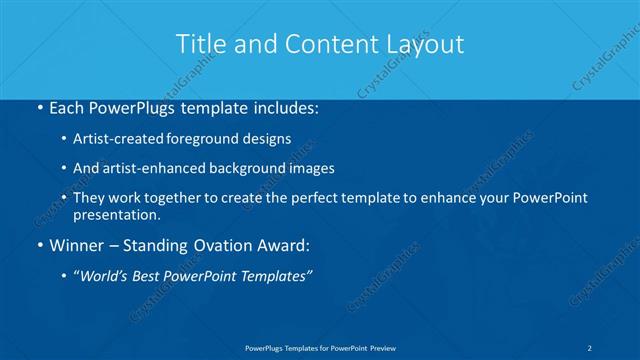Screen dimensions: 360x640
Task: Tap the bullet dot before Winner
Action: [38, 246]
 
